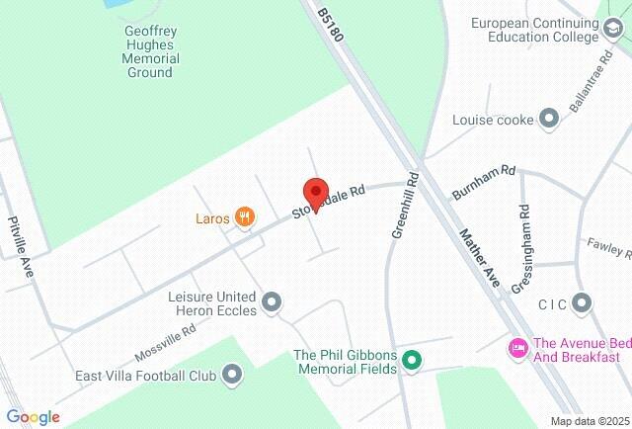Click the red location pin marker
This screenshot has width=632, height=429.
point(315,192)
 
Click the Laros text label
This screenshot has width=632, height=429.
point(211,217)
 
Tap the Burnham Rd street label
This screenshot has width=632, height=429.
point(484,182)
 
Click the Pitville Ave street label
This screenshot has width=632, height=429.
point(19,236)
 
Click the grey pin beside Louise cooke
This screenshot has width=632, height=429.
point(549,120)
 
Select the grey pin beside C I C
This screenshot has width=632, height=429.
point(582,301)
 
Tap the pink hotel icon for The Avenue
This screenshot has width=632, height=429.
point(515,347)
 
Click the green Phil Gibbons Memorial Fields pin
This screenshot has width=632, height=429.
point(412,362)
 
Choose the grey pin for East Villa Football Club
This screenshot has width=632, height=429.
point(232,374)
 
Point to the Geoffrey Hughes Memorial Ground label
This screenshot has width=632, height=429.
point(150,50)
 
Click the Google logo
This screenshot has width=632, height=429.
point(34,416)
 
